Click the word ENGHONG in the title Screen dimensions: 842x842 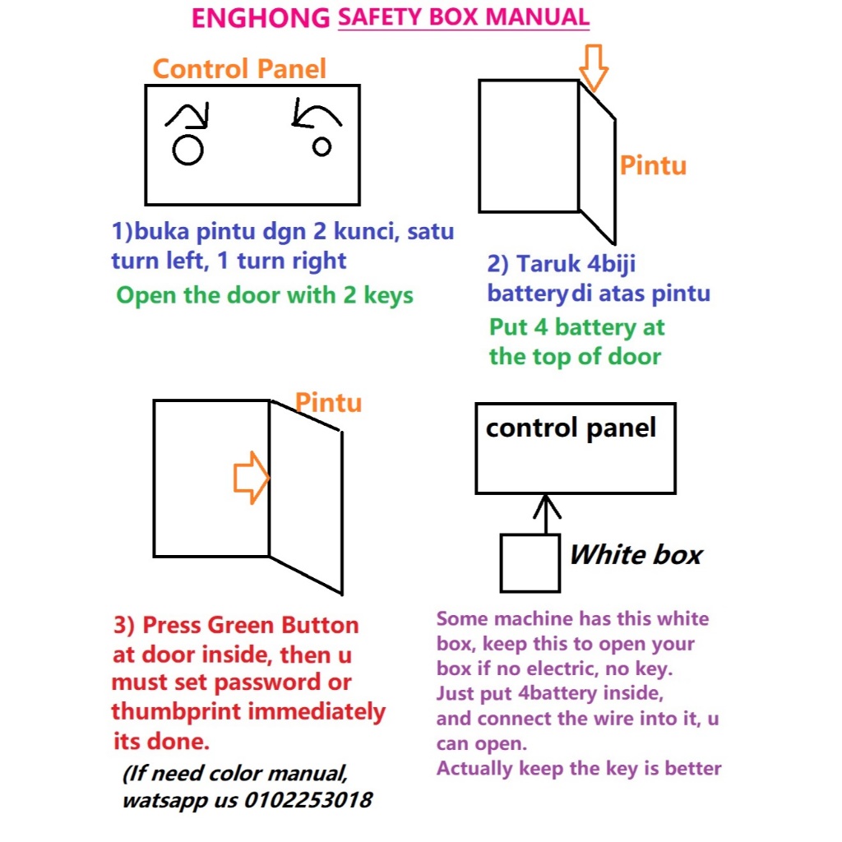pos(261,18)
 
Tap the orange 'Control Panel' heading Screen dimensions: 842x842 pos(239,69)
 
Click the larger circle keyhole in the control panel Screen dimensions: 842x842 pos(188,150)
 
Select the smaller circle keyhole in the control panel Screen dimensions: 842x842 pos(322,146)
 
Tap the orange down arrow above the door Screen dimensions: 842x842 pos(594,67)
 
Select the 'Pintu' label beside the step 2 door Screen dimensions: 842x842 pos(653,164)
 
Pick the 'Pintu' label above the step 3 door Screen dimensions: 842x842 pos(329,402)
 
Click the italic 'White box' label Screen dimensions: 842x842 pos(636,554)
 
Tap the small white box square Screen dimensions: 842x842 pos(530,563)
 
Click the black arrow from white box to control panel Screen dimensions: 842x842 pos(547,515)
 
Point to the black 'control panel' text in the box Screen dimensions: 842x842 pos(571,428)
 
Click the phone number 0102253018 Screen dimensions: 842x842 pos(308,799)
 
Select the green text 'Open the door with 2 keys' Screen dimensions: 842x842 pos(265,295)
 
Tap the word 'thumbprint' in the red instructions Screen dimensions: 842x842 pos(176,712)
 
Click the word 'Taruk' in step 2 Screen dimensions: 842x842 pos(548,264)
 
